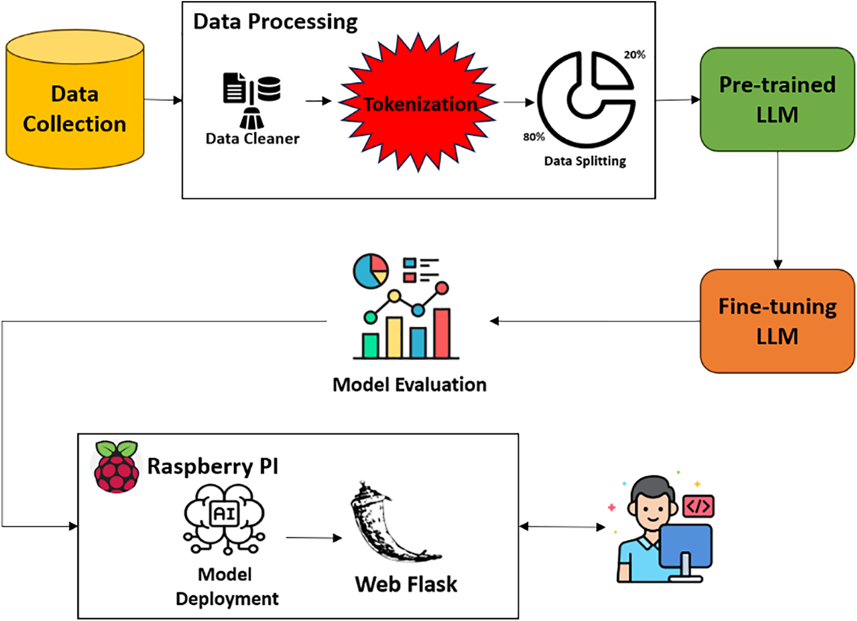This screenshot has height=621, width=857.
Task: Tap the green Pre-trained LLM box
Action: [777, 100]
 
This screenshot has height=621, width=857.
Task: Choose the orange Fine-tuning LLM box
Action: [777, 321]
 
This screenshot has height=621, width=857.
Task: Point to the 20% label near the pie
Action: [634, 54]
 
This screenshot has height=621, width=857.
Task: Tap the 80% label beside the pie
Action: [533, 137]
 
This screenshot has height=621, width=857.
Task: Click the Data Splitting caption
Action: [585, 161]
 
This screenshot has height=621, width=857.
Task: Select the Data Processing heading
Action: [275, 22]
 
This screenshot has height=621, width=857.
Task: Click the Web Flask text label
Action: [406, 584]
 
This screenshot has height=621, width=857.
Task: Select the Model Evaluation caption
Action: [409, 385]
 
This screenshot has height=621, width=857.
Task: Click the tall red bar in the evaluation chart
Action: [442, 333]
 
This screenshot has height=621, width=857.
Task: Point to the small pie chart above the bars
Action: [371, 271]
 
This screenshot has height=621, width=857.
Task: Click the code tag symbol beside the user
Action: [698, 506]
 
